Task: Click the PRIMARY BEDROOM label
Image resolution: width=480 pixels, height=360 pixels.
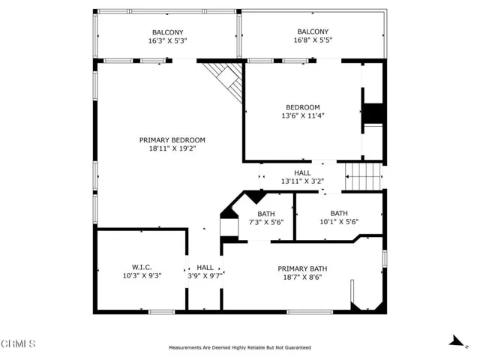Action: click(172, 140)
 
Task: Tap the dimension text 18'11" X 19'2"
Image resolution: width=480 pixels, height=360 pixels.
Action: click(172, 148)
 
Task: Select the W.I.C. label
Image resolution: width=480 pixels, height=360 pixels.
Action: click(142, 267)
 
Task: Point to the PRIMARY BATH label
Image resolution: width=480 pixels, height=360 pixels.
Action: click(302, 268)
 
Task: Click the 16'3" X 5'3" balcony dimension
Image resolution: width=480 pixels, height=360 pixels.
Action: click(167, 40)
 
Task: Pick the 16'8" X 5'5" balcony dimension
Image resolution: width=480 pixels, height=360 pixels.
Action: click(313, 40)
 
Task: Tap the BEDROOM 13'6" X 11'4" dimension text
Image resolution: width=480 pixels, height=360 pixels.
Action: click(303, 115)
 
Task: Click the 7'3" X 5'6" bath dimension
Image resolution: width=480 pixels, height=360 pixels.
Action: click(266, 222)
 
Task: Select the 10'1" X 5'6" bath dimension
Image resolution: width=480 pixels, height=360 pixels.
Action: click(339, 222)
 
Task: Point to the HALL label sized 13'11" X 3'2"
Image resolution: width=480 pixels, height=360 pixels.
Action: click(302, 173)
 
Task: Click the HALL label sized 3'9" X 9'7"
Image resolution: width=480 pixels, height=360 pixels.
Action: click(205, 268)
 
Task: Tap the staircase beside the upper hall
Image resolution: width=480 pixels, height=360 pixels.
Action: click(364, 177)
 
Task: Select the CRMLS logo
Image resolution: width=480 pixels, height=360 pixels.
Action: click(18, 343)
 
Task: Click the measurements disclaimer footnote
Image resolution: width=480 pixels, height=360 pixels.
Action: click(240, 347)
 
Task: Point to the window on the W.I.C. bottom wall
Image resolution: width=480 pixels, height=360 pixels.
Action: click(162, 312)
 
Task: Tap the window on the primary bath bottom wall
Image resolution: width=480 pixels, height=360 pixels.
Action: click(310, 312)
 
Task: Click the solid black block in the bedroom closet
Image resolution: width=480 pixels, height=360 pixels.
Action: click(373, 113)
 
